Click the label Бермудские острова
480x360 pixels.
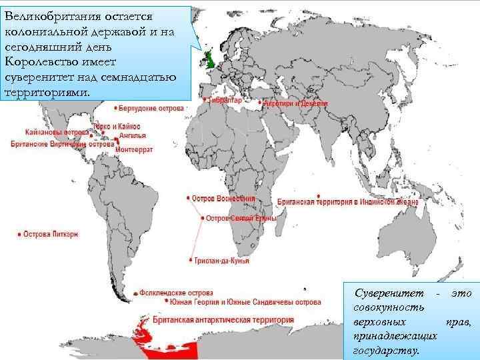pyautogui.click(x=152, y=108)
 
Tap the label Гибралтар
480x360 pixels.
pyautogui.click(x=225, y=101)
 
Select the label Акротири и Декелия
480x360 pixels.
pyautogui.click(x=295, y=104)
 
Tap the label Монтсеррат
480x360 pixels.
pyautogui.click(x=135, y=149)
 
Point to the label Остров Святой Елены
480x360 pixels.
pyautogui.click(x=237, y=218)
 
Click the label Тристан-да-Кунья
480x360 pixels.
pyautogui.click(x=223, y=261)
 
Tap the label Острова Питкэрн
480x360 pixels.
pyautogui.click(x=51, y=234)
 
